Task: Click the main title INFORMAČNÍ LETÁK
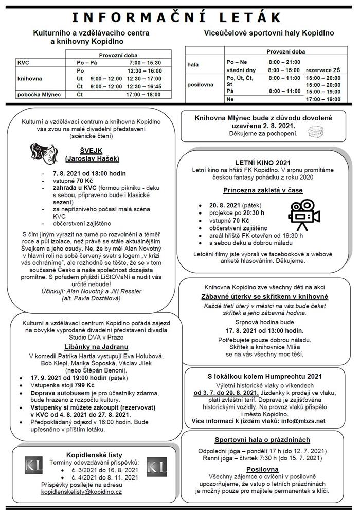tap(180, 18)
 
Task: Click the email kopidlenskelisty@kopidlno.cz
tap(81, 492)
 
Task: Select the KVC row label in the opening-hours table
tap(24, 62)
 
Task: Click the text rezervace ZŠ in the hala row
tap(322, 69)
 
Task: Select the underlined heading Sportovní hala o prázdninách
tap(262, 440)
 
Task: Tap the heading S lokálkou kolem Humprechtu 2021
tap(263, 376)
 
